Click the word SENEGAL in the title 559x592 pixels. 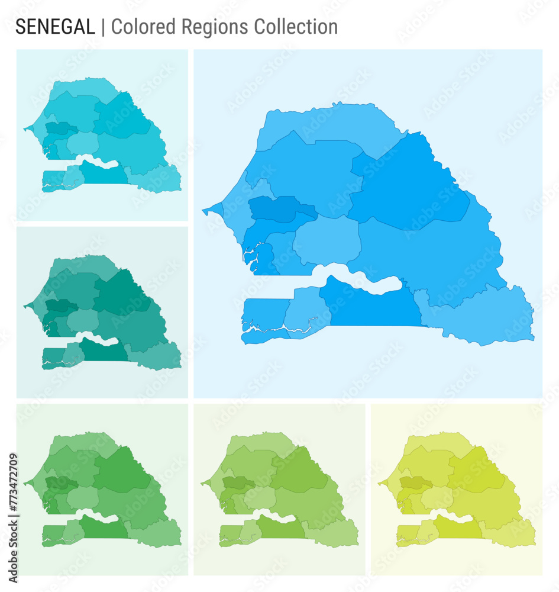pos(54,27)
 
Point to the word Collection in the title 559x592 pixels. pos(296,27)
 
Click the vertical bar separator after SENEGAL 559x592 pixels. pos(103,27)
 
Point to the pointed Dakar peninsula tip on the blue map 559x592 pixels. pos(205,210)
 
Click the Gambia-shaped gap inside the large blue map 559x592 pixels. pos(355,279)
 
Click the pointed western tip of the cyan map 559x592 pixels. pos(25,128)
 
